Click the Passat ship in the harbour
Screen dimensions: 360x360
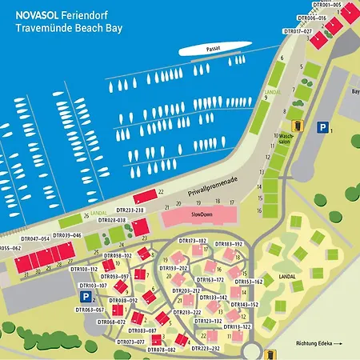tap(210, 50)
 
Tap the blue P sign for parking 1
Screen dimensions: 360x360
tap(323, 126)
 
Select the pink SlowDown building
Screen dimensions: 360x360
tap(197, 216)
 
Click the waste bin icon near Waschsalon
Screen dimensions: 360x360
tap(298, 125)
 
